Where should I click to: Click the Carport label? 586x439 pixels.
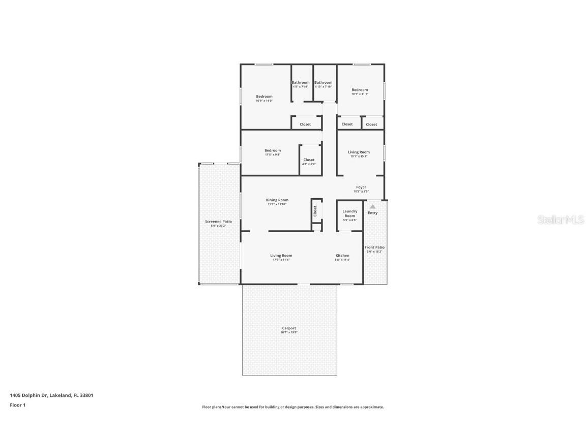coord(289,328)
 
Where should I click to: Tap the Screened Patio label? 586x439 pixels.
coord(218,222)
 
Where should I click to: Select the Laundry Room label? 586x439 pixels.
coord(350,213)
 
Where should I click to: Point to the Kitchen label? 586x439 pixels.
coord(342,256)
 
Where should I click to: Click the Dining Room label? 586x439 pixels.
coord(277,200)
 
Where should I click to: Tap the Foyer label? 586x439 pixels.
coord(361,187)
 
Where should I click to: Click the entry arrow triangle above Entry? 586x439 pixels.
coord(373,206)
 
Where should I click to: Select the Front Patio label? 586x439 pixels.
coord(374,247)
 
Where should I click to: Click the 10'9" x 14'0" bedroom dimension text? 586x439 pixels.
coord(264,101)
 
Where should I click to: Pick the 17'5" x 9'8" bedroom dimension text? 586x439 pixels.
coord(273,154)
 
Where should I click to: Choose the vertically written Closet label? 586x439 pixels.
coord(315,210)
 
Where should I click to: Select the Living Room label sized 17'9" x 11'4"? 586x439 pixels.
coord(281,256)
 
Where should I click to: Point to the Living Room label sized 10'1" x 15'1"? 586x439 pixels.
coord(359,152)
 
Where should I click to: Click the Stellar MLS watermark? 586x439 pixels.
coord(562,220)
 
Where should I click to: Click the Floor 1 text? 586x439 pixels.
coord(17,405)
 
